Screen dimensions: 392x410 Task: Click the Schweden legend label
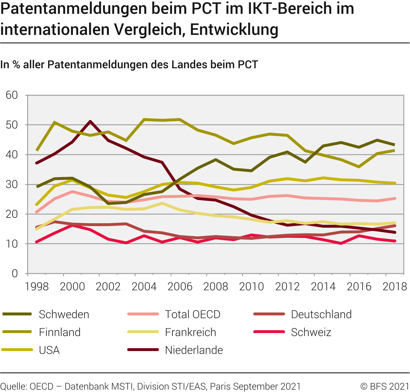tap(64, 314)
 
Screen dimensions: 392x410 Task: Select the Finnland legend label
tap(60, 332)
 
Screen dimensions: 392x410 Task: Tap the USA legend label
tap(49, 350)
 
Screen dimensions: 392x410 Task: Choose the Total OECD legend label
tap(193, 314)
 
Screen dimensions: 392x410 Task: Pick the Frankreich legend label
tap(190, 332)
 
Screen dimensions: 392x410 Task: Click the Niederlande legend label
tap(194, 350)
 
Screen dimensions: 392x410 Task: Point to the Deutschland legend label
tap(321, 314)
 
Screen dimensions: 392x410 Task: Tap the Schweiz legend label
tap(311, 332)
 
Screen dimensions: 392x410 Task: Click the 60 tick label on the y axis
tap(12, 95)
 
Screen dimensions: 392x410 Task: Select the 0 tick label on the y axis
tap(15, 273)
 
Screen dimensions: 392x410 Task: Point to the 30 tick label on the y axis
tap(12, 184)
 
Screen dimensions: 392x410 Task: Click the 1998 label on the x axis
tap(37, 287)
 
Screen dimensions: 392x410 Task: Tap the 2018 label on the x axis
tap(395, 287)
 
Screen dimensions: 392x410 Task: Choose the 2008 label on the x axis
tap(216, 287)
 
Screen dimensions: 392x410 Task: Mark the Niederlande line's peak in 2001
tap(90, 121)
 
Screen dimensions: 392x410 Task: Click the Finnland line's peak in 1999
tap(54, 122)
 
